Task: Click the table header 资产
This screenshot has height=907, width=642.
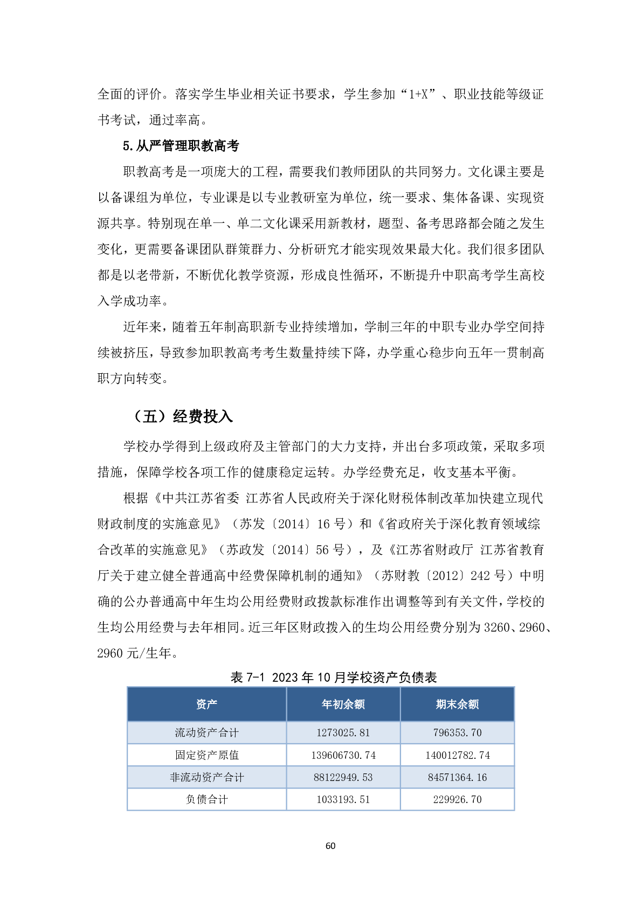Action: click(206, 704)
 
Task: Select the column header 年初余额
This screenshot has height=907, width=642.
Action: click(343, 704)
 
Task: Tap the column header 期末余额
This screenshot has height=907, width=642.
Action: click(457, 704)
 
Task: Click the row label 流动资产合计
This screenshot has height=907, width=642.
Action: click(206, 732)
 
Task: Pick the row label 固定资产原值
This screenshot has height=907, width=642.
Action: click(206, 755)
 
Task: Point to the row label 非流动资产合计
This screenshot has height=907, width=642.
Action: click(206, 777)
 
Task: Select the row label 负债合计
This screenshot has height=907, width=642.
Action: click(206, 799)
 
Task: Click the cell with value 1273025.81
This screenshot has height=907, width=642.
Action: click(343, 732)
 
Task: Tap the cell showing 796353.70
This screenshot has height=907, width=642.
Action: click(457, 732)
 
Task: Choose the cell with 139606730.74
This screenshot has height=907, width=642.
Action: click(343, 755)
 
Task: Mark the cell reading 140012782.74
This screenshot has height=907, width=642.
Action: click(457, 755)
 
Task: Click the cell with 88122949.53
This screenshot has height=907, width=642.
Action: click(343, 777)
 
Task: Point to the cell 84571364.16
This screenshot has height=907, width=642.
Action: click(457, 777)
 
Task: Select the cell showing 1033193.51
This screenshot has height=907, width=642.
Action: click(343, 799)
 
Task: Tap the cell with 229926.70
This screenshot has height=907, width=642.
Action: click(457, 799)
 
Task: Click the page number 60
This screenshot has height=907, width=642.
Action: click(330, 846)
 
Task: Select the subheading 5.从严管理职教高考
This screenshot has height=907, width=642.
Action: click(181, 145)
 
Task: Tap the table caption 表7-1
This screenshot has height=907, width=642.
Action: click(247, 677)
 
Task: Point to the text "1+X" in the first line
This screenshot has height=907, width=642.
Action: click(418, 94)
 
